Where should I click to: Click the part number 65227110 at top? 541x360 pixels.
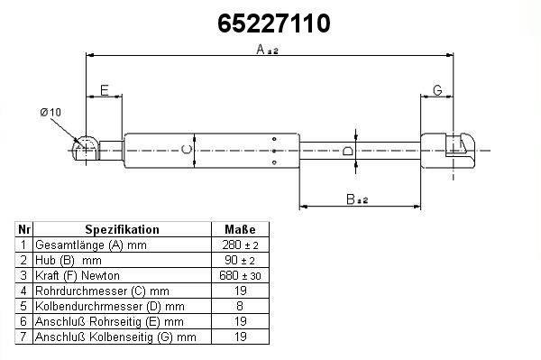click(273, 23)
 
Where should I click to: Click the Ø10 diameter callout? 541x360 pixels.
click(50, 113)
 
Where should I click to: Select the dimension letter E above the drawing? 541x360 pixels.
click(105, 90)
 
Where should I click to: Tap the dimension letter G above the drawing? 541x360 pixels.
click(437, 90)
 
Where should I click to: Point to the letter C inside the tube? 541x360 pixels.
click(187, 150)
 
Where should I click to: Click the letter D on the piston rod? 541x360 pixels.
click(347, 151)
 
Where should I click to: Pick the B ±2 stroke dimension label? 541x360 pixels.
click(357, 199)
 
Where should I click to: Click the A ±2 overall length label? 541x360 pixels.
click(267, 50)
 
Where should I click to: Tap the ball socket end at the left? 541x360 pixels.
click(86, 150)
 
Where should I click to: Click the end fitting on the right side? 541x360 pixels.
click(447, 151)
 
